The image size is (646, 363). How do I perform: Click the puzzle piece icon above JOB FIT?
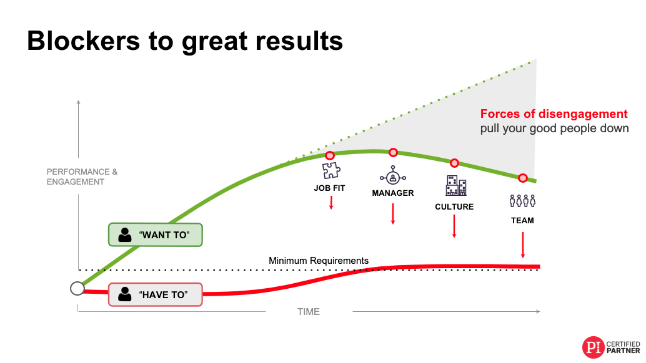click(x=331, y=170)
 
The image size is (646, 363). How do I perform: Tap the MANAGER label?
click(x=392, y=193)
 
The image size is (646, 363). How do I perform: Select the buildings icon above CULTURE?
click(x=456, y=185)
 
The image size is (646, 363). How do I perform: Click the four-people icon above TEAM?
click(x=522, y=201)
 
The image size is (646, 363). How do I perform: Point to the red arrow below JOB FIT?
click(x=331, y=203)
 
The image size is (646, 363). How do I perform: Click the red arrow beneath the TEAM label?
click(x=523, y=245)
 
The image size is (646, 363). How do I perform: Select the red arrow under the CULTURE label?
click(x=454, y=226)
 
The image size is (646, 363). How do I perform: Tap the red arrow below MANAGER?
click(x=393, y=214)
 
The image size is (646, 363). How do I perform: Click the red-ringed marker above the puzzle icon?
click(x=330, y=155)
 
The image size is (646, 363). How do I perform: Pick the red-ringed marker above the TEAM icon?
click(x=523, y=178)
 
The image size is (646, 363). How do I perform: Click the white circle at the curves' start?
click(x=77, y=289)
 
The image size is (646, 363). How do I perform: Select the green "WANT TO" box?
click(x=156, y=235)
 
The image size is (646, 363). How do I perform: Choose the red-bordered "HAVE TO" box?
click(x=156, y=295)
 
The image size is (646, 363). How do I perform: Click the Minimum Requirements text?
click(x=319, y=261)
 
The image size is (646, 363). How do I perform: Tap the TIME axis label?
click(x=309, y=312)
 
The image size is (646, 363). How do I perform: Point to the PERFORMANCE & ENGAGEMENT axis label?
click(x=82, y=177)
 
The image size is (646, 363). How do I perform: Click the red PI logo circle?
click(x=594, y=347)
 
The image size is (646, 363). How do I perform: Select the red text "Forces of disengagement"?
click(x=554, y=114)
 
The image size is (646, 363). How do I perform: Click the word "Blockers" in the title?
click(x=84, y=41)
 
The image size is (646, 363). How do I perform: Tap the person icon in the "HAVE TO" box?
click(x=124, y=294)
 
